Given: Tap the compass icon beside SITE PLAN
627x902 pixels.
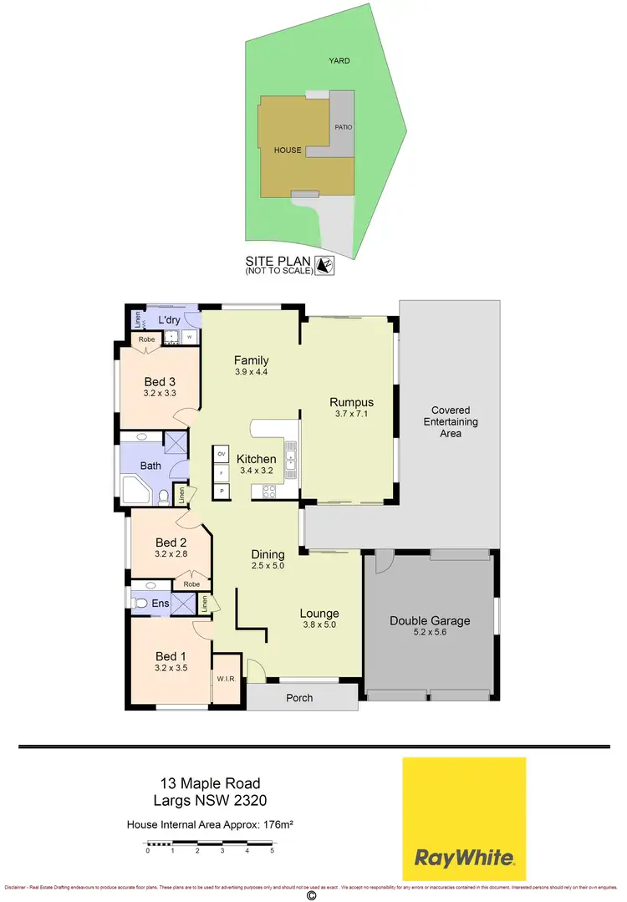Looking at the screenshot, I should pos(326,265).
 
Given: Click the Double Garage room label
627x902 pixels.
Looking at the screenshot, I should pos(430,621).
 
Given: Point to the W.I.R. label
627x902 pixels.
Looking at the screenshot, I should pos(227,679).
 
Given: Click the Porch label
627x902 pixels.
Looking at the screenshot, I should pos(299,697).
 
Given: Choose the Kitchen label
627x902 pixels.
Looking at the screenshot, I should pos(256,459).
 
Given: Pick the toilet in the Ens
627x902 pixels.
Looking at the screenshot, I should pos(141,603).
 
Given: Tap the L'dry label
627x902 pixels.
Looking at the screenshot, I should pos(170,320).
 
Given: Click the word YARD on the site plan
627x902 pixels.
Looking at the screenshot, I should pos(339,60).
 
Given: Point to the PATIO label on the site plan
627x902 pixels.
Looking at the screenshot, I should pos(344,127).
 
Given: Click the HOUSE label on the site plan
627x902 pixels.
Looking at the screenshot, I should pos(288,150).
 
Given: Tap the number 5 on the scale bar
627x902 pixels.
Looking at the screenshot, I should pos(272,851).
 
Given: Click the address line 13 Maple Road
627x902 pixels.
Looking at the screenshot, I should pos(210,783).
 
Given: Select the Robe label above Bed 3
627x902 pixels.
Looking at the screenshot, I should pos(146,340).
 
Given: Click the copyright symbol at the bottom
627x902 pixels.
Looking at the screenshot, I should pos(312,894).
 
